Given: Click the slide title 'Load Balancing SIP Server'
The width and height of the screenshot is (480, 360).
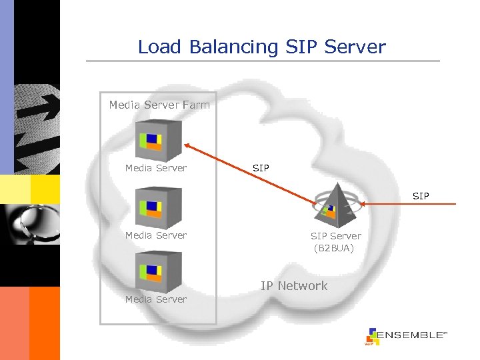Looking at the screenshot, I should click(x=261, y=47).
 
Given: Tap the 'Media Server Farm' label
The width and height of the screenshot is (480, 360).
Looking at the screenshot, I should click(x=159, y=105).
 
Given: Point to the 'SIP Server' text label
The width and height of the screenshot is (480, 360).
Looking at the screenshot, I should click(x=335, y=236).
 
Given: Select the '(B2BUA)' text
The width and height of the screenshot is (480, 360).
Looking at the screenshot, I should click(x=334, y=249).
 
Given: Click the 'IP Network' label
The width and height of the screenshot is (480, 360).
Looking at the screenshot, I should click(x=294, y=286).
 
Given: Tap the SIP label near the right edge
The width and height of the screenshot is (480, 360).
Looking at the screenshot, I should click(x=421, y=196).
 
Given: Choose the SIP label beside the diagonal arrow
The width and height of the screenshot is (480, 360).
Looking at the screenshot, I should click(x=261, y=168).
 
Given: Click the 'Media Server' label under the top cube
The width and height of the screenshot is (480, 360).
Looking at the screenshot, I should click(x=156, y=168).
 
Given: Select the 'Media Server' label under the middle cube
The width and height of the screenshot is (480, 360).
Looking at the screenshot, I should click(x=156, y=235).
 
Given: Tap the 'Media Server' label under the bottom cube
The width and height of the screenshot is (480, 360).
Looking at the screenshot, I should click(x=156, y=299).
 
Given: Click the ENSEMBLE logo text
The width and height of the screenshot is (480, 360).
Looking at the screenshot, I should click(x=411, y=335).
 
